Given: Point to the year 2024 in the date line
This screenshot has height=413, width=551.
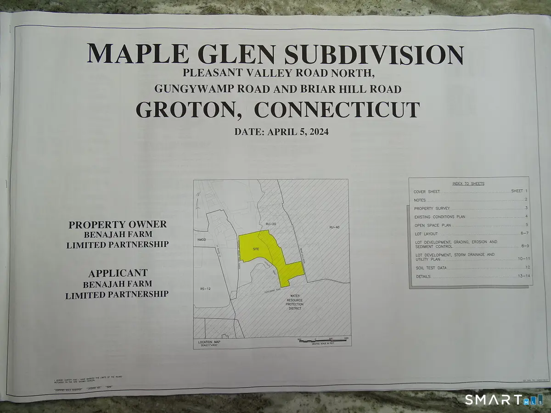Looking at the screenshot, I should (316, 131).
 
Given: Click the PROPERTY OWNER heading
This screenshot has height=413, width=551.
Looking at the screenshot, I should (118, 225).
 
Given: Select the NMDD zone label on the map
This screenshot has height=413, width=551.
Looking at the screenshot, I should (201, 240).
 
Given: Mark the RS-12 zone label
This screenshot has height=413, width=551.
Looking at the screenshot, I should (205, 289).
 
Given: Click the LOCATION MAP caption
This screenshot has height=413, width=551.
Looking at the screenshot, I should (209, 342).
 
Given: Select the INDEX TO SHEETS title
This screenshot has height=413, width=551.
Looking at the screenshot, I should (468, 184).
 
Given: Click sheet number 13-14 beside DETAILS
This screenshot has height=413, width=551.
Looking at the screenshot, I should (522, 276).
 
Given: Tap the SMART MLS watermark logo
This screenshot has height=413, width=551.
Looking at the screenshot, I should (503, 400).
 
